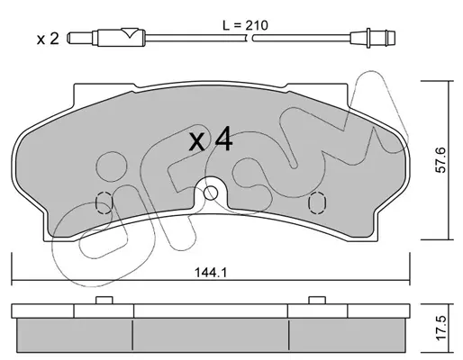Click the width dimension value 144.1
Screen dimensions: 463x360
tap(212, 273)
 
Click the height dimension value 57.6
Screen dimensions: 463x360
tap(441, 160)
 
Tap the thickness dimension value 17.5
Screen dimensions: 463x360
tap(441, 328)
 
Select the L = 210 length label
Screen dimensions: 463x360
tap(245, 25)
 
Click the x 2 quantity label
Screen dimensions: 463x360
tap(48, 39)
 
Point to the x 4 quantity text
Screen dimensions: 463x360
tap(211, 139)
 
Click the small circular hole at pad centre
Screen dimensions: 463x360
tap(211, 193)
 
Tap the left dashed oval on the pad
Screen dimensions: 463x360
tap(104, 202)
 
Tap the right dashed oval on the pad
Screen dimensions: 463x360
tap(317, 202)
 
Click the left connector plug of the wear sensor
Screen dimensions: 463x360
tap(106, 38)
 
